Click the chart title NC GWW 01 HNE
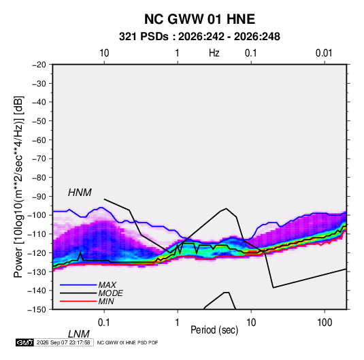[x=199, y=19]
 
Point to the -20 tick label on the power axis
[x=39, y=65]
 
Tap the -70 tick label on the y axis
[x=39, y=159]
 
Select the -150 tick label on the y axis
[x=37, y=310]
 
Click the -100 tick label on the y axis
[x=37, y=215]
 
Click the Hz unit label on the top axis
[x=214, y=53]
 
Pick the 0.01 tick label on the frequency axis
[x=324, y=53]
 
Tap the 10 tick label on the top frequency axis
[x=104, y=53]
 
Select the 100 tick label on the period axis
[x=325, y=323]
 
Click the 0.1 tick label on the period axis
[x=104, y=323]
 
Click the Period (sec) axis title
[x=214, y=330]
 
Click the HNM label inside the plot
[x=80, y=193]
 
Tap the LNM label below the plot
[x=79, y=334]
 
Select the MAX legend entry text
[x=107, y=284]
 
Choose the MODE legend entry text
[x=110, y=293]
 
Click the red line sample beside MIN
[x=78, y=301]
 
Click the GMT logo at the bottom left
[x=24, y=342]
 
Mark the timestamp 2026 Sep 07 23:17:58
[x=63, y=342]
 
